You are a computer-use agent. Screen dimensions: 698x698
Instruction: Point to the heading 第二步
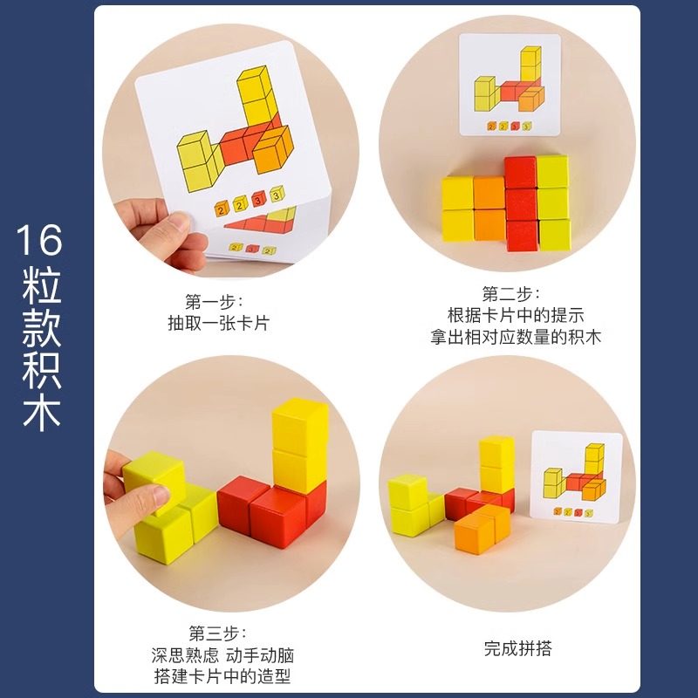511,294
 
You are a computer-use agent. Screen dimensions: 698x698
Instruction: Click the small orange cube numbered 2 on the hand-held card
241,204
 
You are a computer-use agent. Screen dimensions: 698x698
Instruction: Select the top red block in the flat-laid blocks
520,172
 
